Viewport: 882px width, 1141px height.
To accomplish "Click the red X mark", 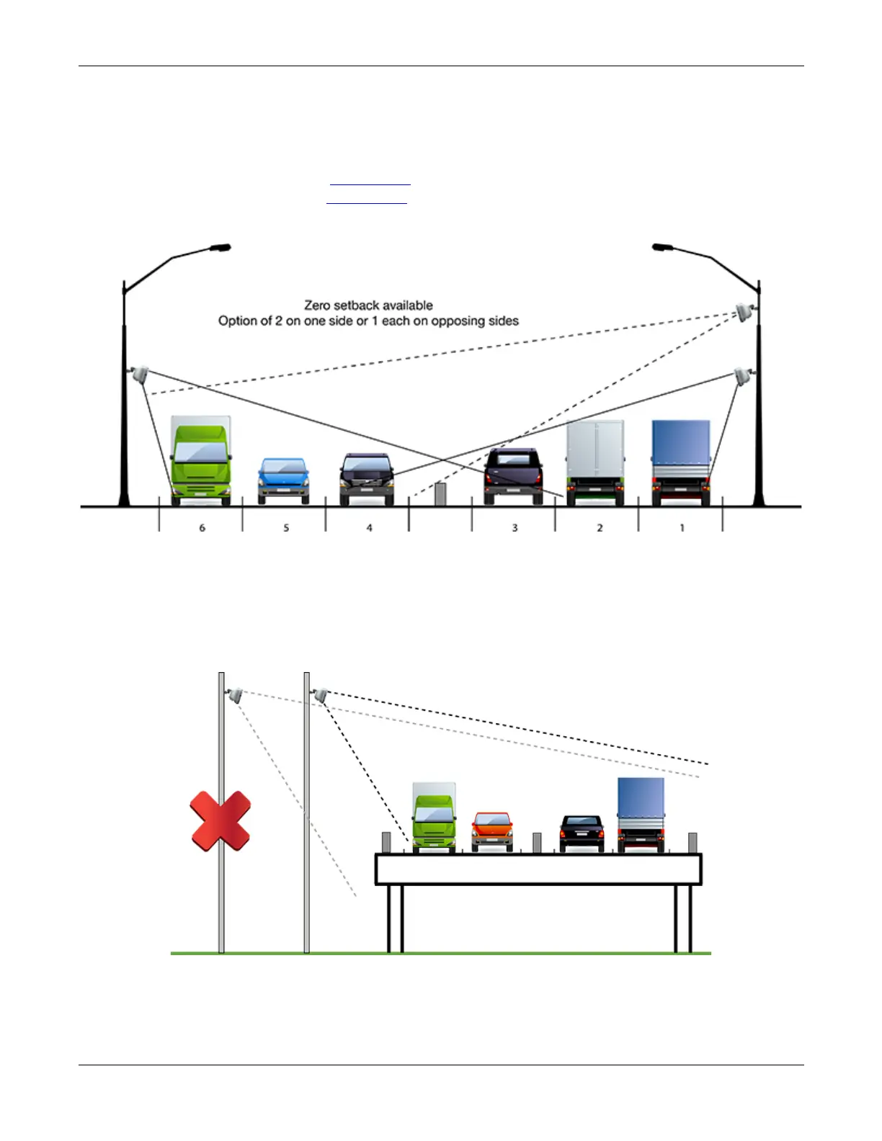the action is (220, 820).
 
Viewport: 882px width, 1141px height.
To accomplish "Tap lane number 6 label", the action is (202, 528).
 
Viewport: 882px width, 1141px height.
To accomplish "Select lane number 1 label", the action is (682, 528).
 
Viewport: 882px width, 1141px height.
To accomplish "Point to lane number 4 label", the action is (369, 528).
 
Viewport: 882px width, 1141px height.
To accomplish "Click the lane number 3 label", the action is (514, 528).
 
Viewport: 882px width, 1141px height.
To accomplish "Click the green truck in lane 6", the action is (201, 461).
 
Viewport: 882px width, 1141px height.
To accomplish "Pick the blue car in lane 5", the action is (284, 480).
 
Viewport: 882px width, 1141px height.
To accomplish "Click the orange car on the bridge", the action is (492, 831).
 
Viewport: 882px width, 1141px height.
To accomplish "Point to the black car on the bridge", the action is (582, 833).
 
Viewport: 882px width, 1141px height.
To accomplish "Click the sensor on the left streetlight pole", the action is (139, 374).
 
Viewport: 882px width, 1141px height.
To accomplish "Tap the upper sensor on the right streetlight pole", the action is (744, 312).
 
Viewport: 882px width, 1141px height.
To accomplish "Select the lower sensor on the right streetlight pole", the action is (742, 375).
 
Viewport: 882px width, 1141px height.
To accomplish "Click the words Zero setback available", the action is (368, 305).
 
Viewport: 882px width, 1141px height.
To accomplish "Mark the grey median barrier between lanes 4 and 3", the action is (440, 494).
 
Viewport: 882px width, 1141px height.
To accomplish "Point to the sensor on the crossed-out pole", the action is (233, 695).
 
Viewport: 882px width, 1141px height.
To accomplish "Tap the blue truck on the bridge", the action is (641, 815).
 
